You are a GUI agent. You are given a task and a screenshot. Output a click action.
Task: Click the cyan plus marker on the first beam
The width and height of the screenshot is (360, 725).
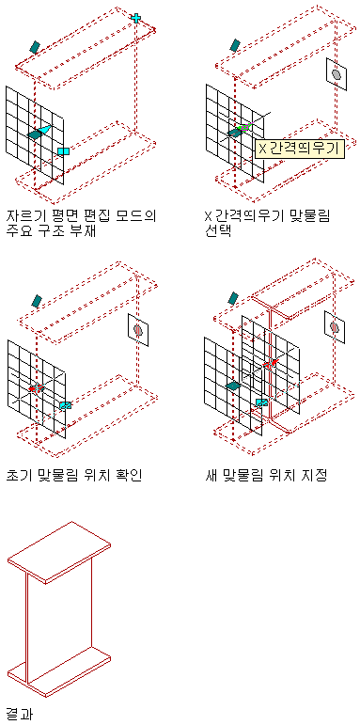tap(136, 18)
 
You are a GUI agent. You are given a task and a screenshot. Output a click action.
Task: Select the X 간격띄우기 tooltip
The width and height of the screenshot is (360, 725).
tap(300, 149)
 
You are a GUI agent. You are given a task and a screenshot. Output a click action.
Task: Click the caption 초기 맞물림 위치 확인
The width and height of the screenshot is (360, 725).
tap(75, 475)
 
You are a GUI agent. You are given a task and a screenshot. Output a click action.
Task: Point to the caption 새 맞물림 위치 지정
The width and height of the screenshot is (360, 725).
tap(267, 475)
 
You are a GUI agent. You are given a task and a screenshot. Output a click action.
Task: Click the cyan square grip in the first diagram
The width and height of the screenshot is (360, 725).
tap(63, 151)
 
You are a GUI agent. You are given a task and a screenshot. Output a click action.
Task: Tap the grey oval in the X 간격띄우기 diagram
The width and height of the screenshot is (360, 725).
tap(337, 74)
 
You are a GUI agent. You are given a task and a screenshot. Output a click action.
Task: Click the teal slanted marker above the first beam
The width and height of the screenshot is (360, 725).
tap(35, 47)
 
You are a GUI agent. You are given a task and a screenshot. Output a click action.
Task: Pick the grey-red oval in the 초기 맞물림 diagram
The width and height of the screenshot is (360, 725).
tap(138, 329)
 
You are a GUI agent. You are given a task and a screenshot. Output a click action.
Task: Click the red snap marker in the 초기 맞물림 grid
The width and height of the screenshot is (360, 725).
tap(36, 387)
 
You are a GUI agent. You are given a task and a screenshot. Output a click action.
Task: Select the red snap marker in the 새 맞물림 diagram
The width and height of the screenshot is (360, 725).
tap(270, 363)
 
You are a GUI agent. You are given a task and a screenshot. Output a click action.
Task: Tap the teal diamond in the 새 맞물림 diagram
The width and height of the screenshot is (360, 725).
tap(233, 386)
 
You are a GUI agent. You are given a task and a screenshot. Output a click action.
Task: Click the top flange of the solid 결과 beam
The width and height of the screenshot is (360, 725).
tap(59, 552)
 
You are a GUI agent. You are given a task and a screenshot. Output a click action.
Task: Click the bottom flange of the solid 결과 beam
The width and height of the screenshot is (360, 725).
tap(59, 670)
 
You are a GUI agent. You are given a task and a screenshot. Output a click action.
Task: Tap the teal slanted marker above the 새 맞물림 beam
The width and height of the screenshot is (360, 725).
tap(233, 298)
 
